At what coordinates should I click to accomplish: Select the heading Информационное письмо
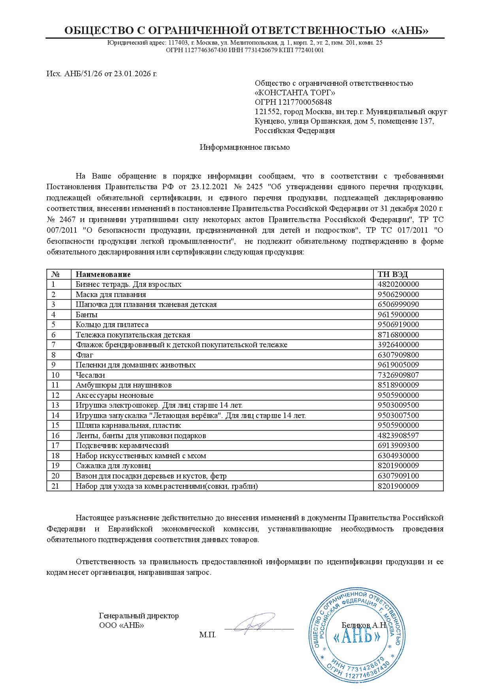(x=245, y=147)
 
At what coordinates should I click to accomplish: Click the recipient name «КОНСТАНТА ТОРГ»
(x=295, y=93)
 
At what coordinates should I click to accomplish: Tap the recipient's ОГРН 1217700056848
(x=293, y=102)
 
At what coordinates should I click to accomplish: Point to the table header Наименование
(x=103, y=275)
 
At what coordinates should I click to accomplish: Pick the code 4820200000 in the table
(x=398, y=284)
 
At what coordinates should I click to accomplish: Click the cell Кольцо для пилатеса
(x=112, y=325)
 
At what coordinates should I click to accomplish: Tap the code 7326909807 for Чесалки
(x=398, y=375)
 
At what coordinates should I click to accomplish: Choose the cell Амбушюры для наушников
(x=124, y=385)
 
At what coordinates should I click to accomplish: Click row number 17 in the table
(x=55, y=446)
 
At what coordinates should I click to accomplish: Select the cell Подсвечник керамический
(x=122, y=446)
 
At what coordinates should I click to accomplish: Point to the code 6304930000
(x=398, y=456)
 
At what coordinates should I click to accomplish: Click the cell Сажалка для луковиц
(x=113, y=466)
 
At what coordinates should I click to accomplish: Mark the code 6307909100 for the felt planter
(x=398, y=476)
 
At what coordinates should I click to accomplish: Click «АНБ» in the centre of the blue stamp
(x=357, y=637)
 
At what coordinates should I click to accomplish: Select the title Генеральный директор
(x=139, y=616)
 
